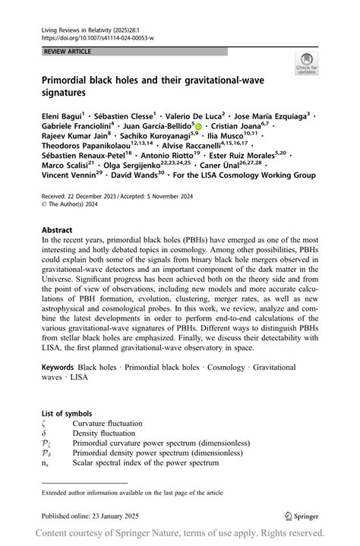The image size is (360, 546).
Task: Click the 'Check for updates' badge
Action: [x=307, y=64]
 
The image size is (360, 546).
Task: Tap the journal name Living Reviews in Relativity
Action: [x=77, y=27]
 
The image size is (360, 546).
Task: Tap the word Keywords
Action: [x=59, y=368]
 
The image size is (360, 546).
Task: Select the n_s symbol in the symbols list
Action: [x=45, y=462]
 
